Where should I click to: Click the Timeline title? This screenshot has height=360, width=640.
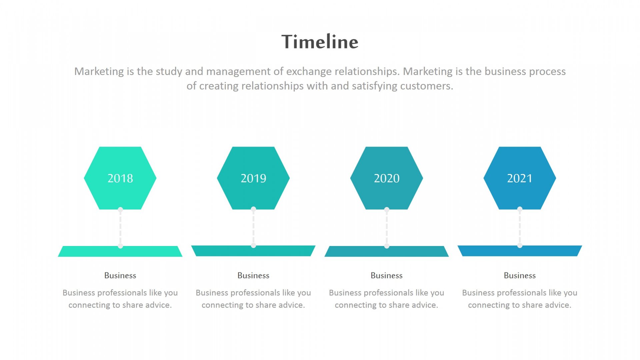pyautogui.click(x=320, y=42)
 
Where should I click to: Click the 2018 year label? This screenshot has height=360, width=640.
pyautogui.click(x=120, y=178)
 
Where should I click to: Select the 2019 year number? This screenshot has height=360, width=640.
pyautogui.click(x=254, y=178)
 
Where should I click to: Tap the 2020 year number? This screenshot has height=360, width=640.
pyautogui.click(x=387, y=178)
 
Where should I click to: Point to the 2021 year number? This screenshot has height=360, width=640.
pyautogui.click(x=520, y=178)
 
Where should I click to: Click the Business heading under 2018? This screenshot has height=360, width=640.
pyautogui.click(x=120, y=275)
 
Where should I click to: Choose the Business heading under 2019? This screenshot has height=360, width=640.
pyautogui.click(x=253, y=275)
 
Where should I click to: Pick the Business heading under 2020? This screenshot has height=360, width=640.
pyautogui.click(x=387, y=275)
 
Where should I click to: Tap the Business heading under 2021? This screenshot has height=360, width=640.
pyautogui.click(x=520, y=275)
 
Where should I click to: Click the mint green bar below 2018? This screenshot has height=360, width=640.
pyautogui.click(x=120, y=251)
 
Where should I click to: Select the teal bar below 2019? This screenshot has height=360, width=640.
pyautogui.click(x=253, y=251)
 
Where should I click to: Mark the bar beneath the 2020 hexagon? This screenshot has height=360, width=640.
pyautogui.click(x=387, y=251)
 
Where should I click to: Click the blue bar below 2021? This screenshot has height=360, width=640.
pyautogui.click(x=520, y=251)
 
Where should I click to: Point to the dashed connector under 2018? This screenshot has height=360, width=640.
pyautogui.click(x=120, y=228)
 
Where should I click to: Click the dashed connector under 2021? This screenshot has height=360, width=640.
pyautogui.click(x=520, y=228)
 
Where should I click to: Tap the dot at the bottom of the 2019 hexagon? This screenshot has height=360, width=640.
pyautogui.click(x=253, y=209)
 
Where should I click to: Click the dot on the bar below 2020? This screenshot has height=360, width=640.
pyautogui.click(x=387, y=246)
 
